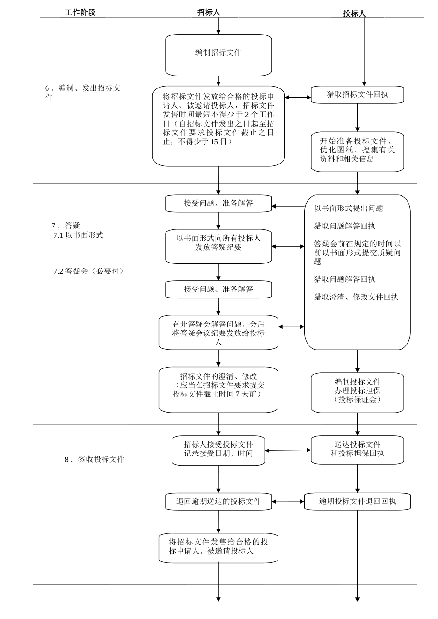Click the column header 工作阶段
tap(80, 12)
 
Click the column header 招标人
tap(209, 12)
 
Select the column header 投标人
tap(354, 13)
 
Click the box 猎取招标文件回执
tap(357, 94)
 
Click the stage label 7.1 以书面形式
tap(79, 235)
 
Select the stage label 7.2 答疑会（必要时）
tap(89, 271)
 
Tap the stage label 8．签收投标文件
tap(94, 459)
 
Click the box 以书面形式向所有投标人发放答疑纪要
tap(218, 246)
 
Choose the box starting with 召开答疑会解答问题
tap(218, 332)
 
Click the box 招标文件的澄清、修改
tap(218, 389)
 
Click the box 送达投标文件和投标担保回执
tap(357, 450)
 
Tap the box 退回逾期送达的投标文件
tap(218, 501)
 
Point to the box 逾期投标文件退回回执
tap(357, 501)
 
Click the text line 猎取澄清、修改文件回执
tap(356, 297)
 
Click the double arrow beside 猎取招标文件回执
tap(298, 97)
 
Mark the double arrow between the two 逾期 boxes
tap(288, 502)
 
